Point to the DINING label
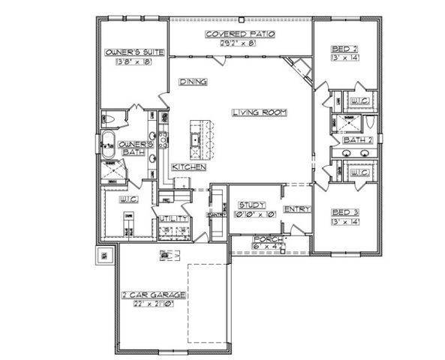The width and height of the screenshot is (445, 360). (x=193, y=82)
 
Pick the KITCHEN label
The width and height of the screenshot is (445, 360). (x=188, y=166)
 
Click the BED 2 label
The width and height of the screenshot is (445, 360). (x=345, y=50)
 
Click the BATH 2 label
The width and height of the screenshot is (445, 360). (x=353, y=140)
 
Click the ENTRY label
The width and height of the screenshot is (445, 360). (x=293, y=210)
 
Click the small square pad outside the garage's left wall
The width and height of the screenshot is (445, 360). (x=102, y=256)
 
